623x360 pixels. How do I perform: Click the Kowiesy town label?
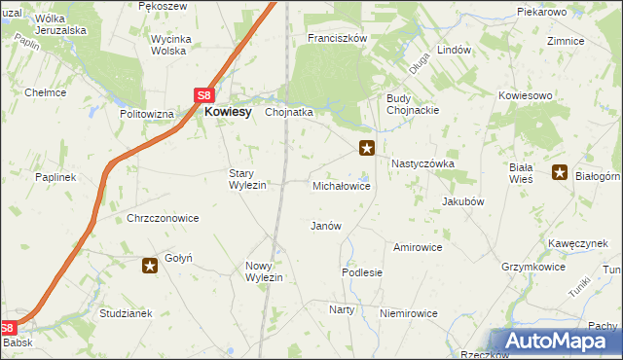coord(228,112)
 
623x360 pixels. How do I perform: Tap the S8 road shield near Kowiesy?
coord(202,95)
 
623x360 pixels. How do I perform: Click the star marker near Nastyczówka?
coord(367,148)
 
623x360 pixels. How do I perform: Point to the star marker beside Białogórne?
coord(560,173)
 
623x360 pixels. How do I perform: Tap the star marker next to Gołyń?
coord(150,265)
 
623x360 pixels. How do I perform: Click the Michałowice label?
coord(341,185)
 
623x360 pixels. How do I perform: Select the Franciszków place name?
coord(336,38)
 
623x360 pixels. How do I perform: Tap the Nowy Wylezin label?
coord(264,271)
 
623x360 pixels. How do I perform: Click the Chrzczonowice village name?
coord(163,218)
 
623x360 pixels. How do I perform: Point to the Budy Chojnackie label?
coord(414,104)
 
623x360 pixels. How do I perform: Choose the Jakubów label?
coord(463,201)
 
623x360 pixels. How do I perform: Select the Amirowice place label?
coord(418,247)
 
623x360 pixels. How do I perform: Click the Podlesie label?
coord(362,273)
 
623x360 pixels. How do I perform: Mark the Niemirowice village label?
coord(409,313)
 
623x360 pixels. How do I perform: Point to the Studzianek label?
coord(126,313)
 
